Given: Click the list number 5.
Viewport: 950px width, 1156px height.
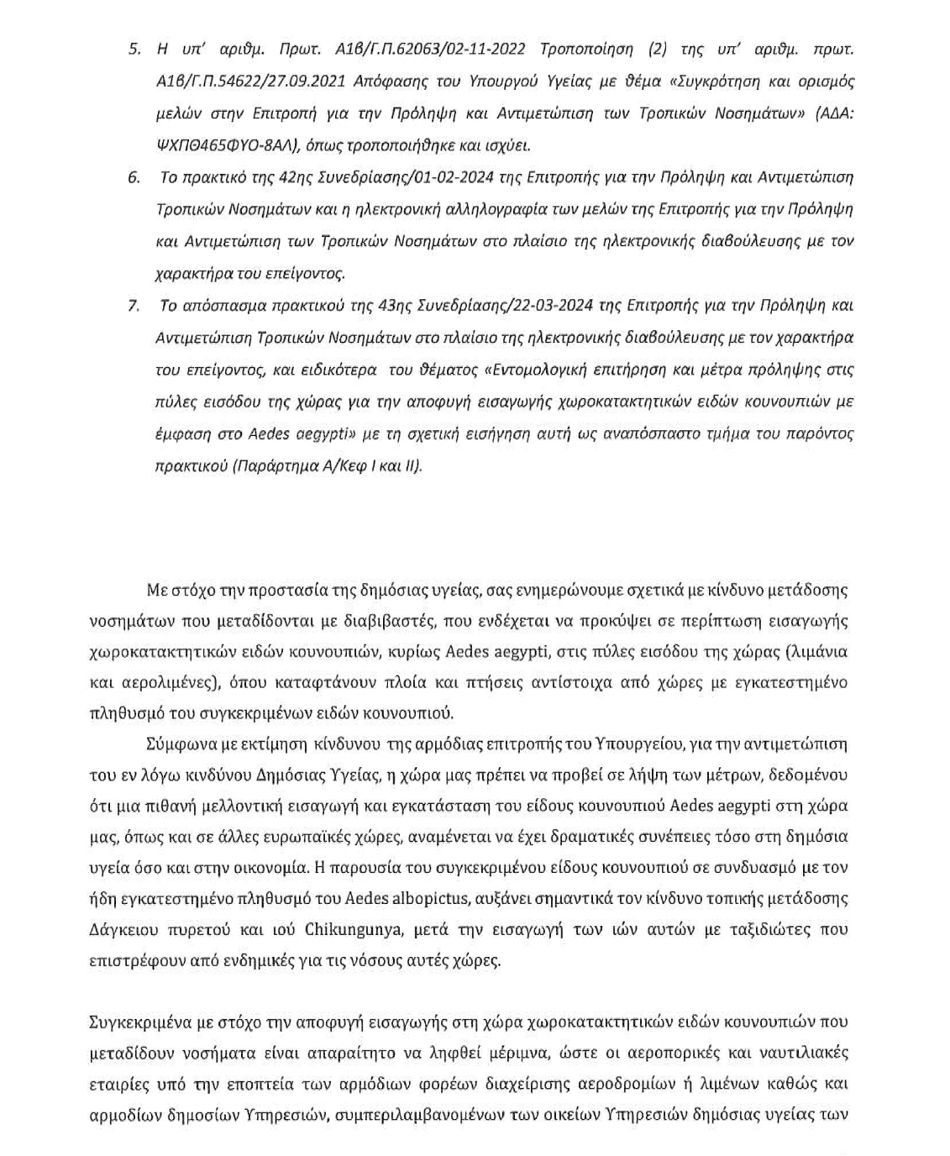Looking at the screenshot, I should coord(134,49).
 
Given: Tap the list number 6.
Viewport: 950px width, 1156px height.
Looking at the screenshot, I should coord(134,178).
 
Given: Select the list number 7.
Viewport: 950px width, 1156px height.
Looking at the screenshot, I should coord(134,306).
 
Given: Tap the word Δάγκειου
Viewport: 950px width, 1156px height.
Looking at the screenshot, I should coord(120,929).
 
